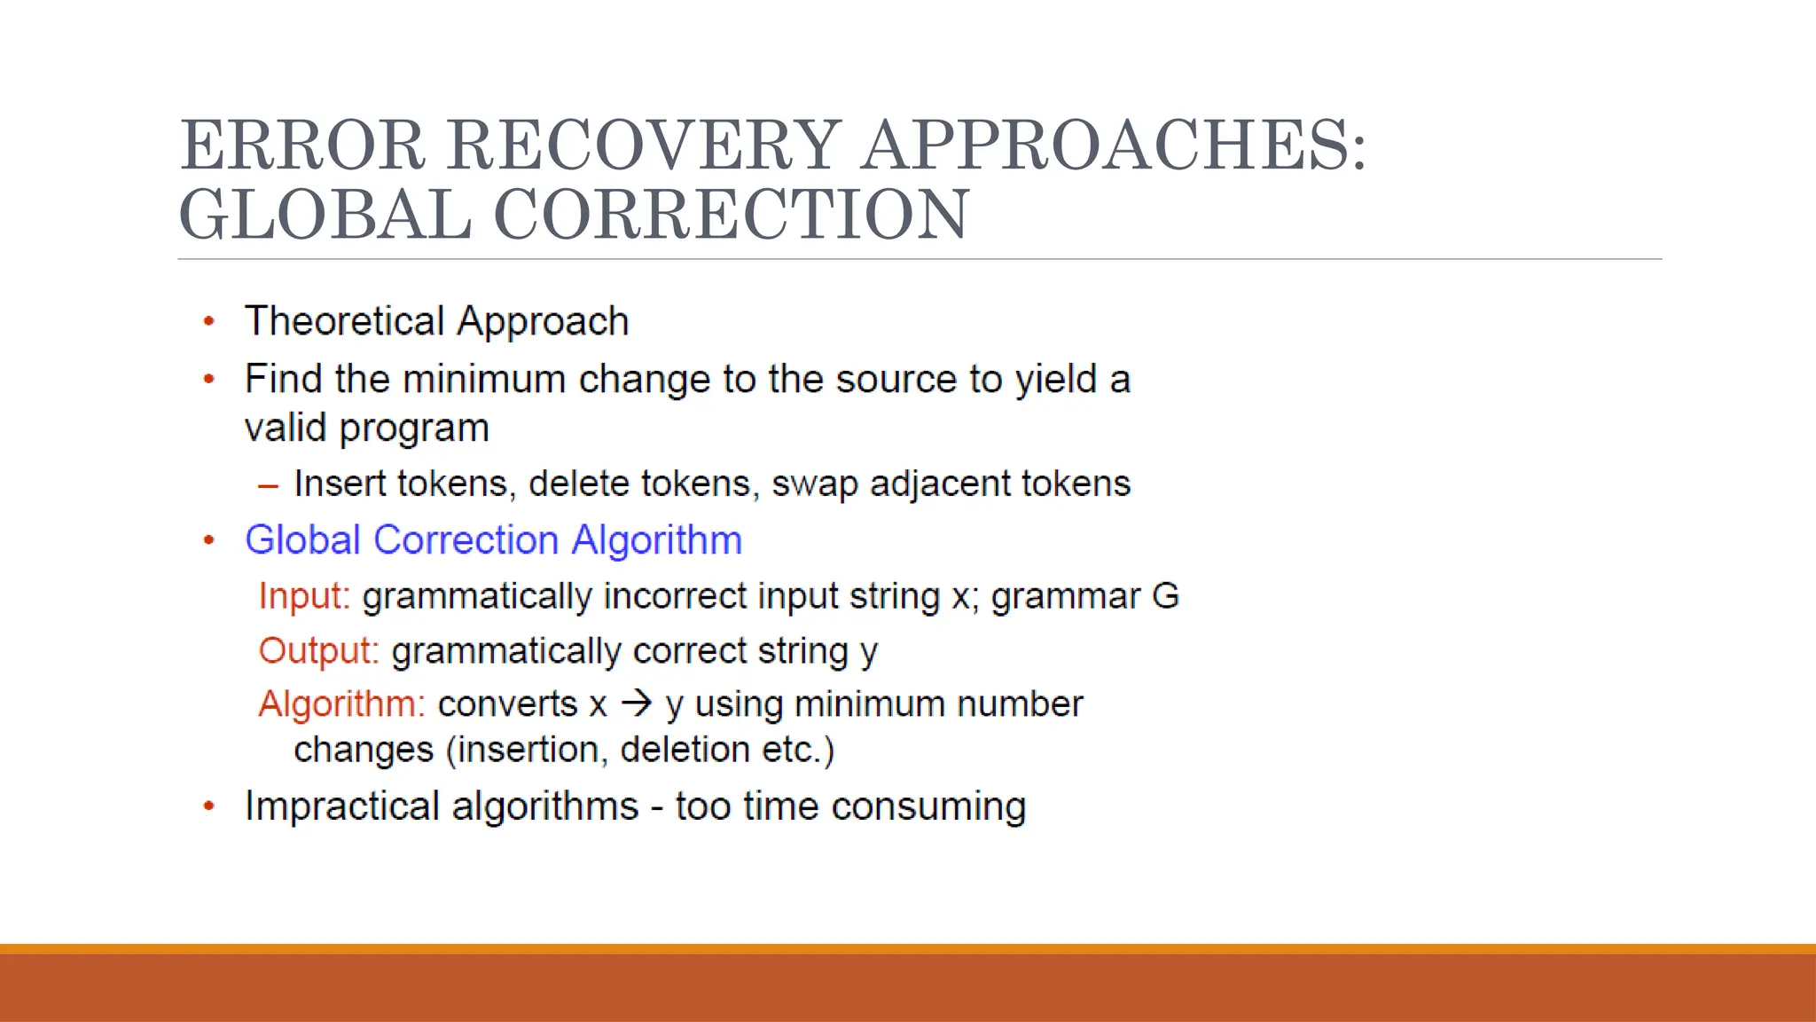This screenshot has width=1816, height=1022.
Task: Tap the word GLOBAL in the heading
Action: click(x=325, y=215)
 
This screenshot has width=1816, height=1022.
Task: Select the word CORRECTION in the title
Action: click(x=731, y=215)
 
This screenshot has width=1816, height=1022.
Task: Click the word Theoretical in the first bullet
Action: click(x=344, y=321)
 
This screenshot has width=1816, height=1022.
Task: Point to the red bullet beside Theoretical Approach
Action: click(x=209, y=322)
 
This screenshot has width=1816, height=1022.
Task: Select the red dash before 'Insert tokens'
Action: click(x=268, y=486)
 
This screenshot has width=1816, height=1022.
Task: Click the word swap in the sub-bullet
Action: click(x=815, y=484)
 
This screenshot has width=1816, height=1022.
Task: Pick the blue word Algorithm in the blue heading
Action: click(x=656, y=540)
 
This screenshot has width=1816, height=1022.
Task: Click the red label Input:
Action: click(x=304, y=596)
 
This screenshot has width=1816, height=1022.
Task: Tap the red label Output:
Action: click(x=318, y=651)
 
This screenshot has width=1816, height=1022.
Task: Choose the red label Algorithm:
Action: click(x=341, y=705)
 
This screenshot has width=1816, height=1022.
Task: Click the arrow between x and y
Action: click(x=636, y=704)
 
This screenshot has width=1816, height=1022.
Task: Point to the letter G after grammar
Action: click(x=1165, y=596)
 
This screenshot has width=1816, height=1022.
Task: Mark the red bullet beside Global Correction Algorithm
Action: click(x=209, y=540)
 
